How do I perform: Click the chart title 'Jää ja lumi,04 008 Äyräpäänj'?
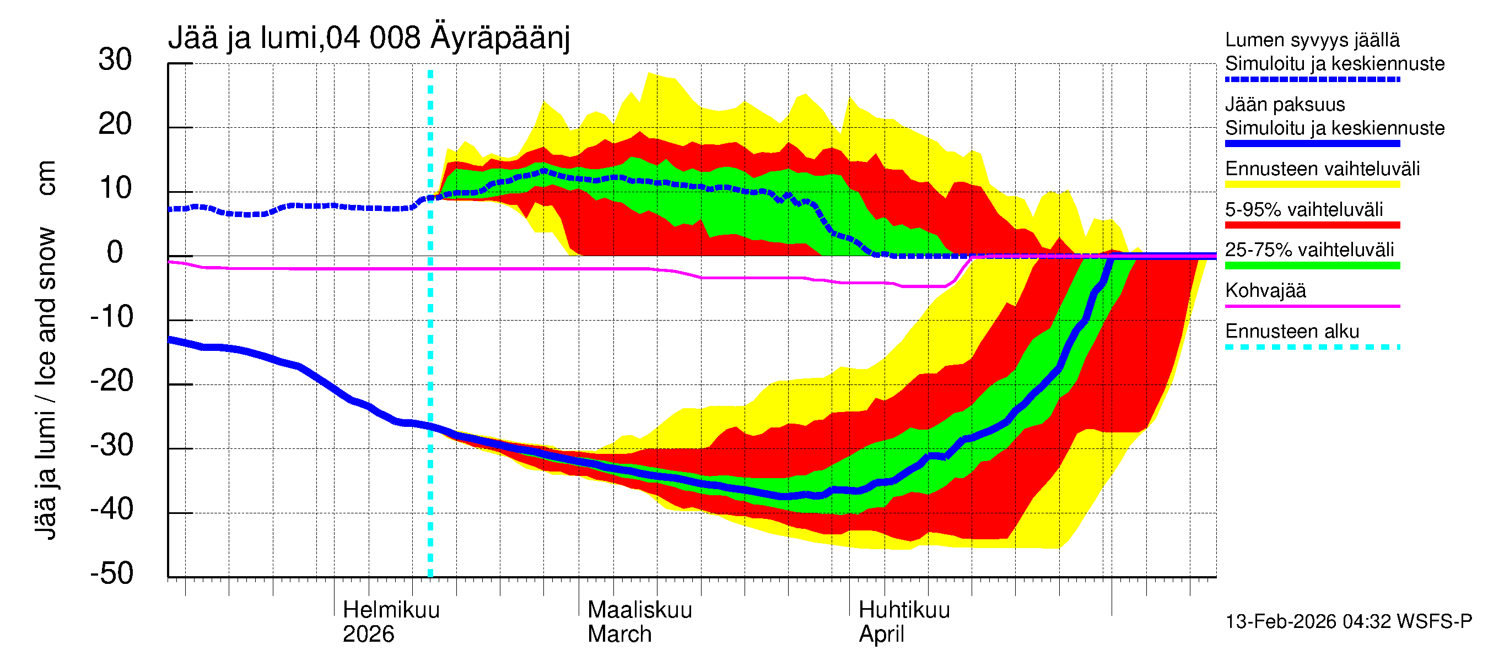click(x=369, y=38)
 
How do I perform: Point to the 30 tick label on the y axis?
click(x=115, y=59)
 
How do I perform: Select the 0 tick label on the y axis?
click(x=115, y=252)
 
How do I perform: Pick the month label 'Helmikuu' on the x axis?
click(x=391, y=610)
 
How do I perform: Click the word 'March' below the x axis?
click(x=619, y=634)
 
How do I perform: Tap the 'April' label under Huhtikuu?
click(x=881, y=634)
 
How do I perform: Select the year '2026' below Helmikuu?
click(x=368, y=634)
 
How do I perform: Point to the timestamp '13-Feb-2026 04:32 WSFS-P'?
click(x=1348, y=621)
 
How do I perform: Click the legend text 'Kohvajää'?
click(x=1265, y=290)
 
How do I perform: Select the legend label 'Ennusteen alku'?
click(x=1292, y=332)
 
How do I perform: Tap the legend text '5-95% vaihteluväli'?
click(x=1304, y=209)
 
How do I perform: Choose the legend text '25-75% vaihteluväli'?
click(x=1309, y=250)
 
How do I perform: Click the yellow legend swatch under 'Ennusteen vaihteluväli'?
click(x=1312, y=185)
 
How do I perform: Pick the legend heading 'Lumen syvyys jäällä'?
click(x=1312, y=40)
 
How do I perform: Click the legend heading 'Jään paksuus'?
click(x=1285, y=105)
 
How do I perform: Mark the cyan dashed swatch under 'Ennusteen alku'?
click(x=1312, y=347)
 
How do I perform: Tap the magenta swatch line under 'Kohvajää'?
click(x=1312, y=306)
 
